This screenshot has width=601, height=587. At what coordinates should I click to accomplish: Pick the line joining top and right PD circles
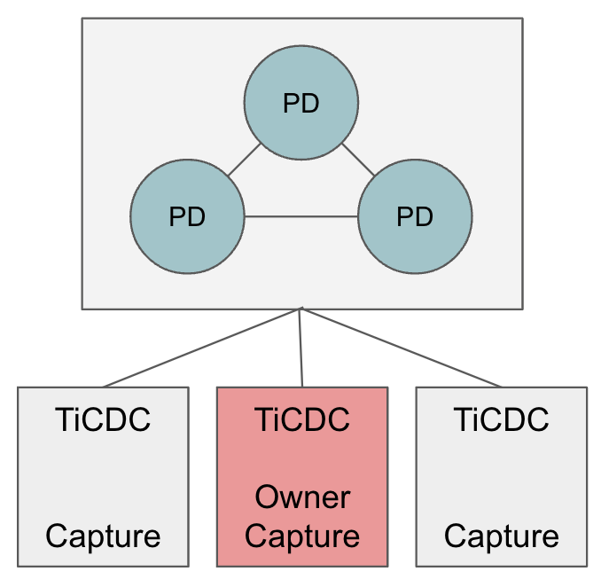coord(358,160)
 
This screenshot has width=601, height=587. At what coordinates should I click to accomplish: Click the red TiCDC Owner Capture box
coord(302,461)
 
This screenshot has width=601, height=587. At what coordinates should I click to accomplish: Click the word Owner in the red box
coord(302,498)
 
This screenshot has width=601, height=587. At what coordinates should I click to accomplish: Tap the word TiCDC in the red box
coord(302,419)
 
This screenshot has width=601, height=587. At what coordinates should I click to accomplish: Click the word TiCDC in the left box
coord(103,419)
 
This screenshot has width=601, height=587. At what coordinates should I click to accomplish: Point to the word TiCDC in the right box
coord(502,419)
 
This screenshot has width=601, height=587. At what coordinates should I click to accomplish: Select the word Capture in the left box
coord(103,536)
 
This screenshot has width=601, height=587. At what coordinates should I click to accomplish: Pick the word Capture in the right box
coord(502,536)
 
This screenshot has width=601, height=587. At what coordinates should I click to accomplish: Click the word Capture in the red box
coord(302,536)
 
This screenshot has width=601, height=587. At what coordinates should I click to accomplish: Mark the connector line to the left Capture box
coord(202,348)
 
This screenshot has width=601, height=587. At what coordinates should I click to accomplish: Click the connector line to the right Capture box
coord(402,348)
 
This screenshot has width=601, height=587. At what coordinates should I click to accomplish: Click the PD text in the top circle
coord(301,103)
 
